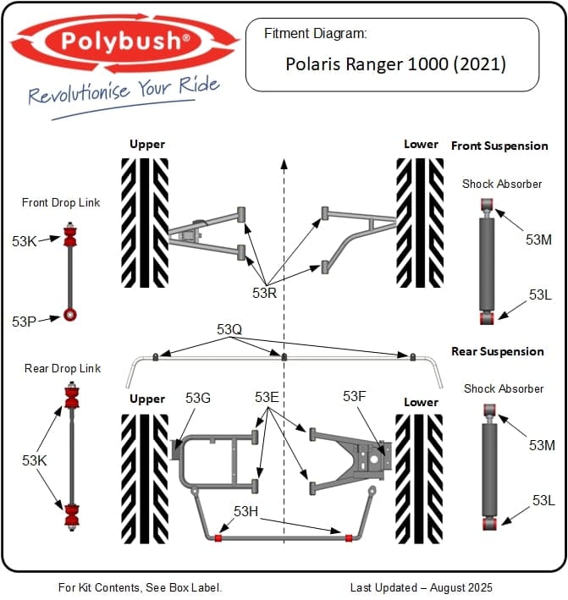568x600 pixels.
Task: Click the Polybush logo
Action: point(125,40)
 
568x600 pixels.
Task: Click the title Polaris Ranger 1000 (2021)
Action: point(395,63)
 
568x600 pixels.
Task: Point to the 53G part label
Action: point(198,398)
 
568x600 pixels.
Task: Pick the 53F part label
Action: point(356,396)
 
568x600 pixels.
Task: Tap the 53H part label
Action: point(246,511)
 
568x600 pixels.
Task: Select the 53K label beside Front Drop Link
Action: point(25,241)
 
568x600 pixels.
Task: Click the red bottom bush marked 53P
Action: point(71,315)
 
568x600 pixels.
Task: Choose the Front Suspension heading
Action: point(499,146)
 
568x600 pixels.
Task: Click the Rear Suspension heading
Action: point(498,351)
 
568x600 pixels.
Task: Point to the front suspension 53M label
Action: point(538,239)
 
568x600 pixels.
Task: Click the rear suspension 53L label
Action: point(543,500)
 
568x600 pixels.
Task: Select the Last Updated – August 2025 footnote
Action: point(422,586)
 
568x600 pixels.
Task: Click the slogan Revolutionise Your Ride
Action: point(124,91)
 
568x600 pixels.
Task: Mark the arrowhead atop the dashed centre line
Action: point(284,161)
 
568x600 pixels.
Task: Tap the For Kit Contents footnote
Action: point(140,586)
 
